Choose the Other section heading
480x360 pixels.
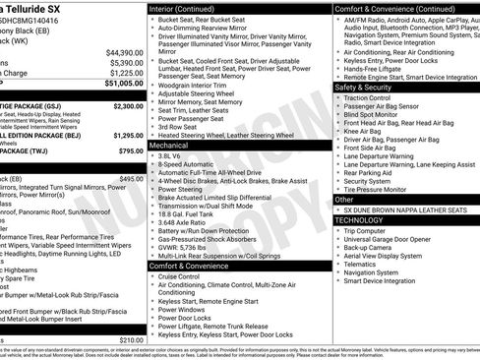(343, 199)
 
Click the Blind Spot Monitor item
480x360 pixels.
(377, 114)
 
